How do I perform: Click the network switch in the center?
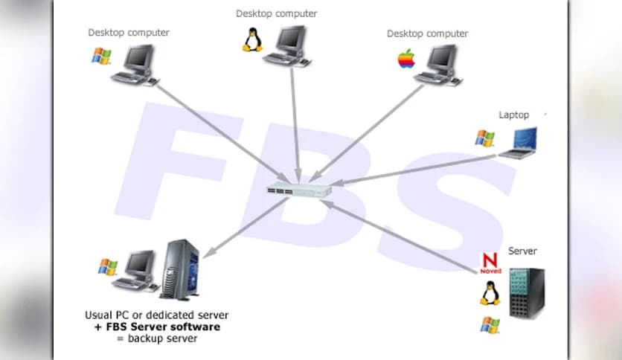click(300, 189)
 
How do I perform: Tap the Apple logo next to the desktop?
click(405, 60)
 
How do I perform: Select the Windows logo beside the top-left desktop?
click(101, 56)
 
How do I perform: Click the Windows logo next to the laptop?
click(484, 138)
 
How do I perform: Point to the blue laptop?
click(519, 143)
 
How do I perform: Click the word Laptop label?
click(513, 115)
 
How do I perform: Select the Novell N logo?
click(489, 263)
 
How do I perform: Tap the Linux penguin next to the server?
click(489, 293)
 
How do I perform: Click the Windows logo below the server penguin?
click(490, 325)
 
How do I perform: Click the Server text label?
click(522, 251)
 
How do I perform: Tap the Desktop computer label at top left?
click(129, 33)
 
